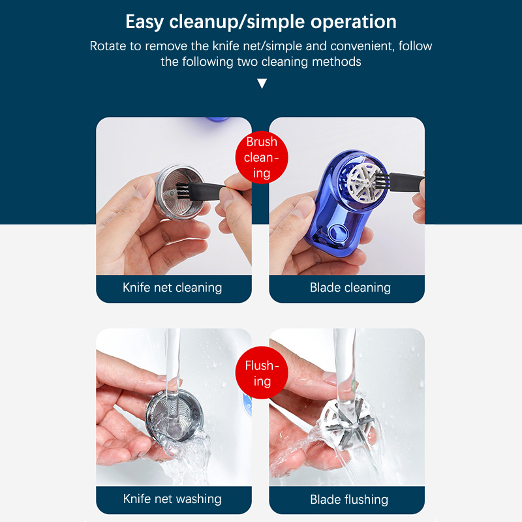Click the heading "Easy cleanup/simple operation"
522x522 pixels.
click(261, 22)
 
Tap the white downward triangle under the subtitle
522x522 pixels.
click(262, 84)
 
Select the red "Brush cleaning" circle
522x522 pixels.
click(262, 157)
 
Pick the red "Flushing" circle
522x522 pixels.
click(262, 373)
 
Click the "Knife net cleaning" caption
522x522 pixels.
click(172, 287)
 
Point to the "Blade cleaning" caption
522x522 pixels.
click(350, 287)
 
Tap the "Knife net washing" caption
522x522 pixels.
click(172, 499)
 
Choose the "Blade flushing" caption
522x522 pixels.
click(349, 499)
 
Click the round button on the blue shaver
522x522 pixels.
click(338, 232)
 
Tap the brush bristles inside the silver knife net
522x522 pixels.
click(183, 191)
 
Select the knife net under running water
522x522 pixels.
click(174, 416)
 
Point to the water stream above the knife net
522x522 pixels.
click(172, 360)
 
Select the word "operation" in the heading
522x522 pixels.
click(354, 23)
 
